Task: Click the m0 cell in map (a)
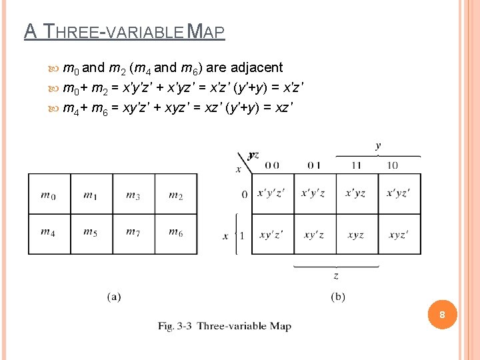[x=49, y=194]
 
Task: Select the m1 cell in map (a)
[x=91, y=194]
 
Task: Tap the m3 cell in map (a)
[x=133, y=194]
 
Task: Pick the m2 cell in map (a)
[x=176, y=194]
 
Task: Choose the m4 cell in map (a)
[x=49, y=233]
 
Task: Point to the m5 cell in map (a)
[x=91, y=233]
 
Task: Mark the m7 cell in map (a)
[x=133, y=233]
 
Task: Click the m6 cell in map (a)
[x=176, y=233]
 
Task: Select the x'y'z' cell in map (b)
[x=271, y=193]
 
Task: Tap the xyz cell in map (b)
[x=356, y=235]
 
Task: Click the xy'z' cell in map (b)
[x=271, y=235]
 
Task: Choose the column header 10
[x=393, y=165]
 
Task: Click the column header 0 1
[x=314, y=165]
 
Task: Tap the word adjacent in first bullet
[x=257, y=67]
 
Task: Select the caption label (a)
[x=114, y=297]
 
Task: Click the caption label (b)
[x=338, y=297]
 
